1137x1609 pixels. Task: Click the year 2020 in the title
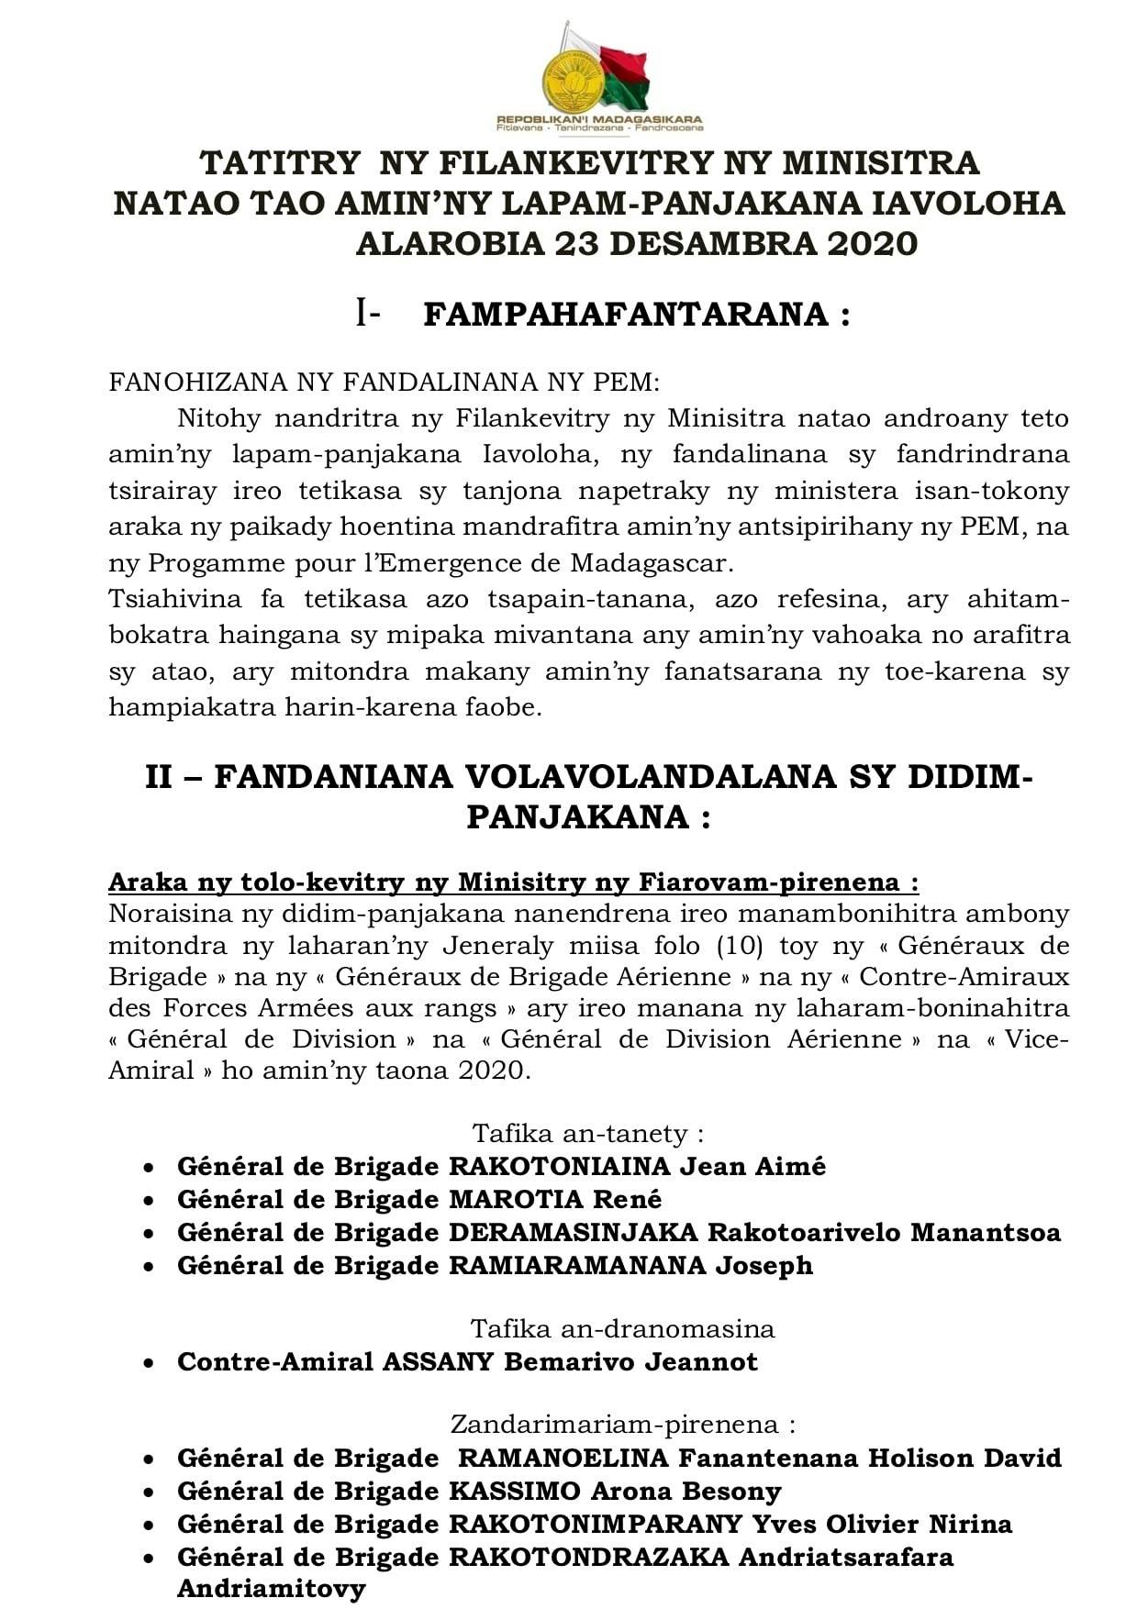(872, 244)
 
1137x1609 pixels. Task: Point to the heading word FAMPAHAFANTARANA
(627, 315)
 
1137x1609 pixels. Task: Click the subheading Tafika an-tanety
(588, 1134)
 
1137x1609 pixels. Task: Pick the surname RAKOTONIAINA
(560, 1167)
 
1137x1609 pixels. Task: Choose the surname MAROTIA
(516, 1200)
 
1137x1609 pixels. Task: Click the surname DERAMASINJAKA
(574, 1233)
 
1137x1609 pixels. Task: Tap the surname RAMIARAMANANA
(577, 1266)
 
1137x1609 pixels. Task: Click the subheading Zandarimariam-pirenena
(622, 1425)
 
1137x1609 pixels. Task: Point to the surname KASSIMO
(515, 1492)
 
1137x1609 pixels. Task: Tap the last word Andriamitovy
(271, 1589)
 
